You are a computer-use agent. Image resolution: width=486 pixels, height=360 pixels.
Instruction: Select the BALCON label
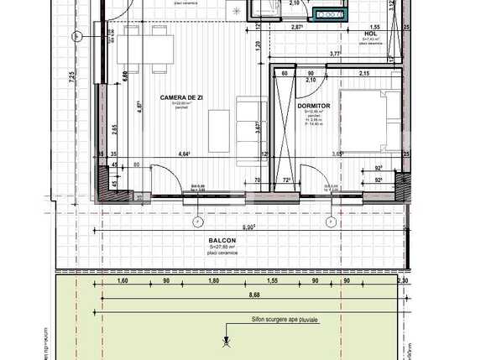(222, 240)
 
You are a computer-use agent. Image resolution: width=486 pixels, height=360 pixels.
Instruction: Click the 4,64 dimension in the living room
(183, 154)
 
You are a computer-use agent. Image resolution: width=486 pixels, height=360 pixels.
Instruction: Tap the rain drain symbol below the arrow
(225, 342)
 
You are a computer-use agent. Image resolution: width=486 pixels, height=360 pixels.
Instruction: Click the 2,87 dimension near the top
(296, 29)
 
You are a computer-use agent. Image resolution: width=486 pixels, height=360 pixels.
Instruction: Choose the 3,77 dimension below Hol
(334, 54)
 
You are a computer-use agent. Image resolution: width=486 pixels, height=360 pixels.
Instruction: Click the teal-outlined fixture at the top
(328, 13)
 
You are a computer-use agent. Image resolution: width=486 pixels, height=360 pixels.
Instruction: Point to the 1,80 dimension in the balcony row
(213, 282)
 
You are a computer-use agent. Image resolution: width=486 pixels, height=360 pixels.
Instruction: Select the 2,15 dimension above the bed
(364, 75)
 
